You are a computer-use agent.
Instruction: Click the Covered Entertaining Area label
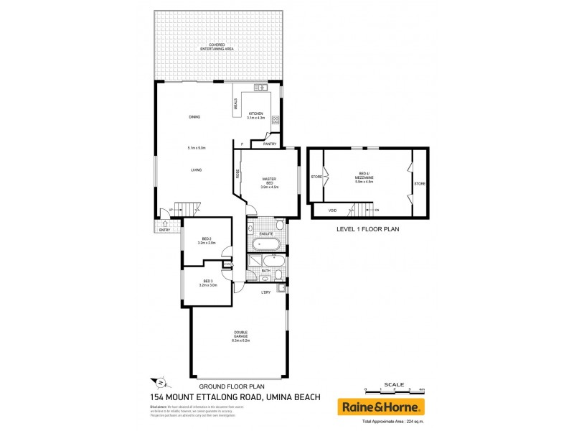pos(217,47)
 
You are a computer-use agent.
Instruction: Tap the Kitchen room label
pos(255,116)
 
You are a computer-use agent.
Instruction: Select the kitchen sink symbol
pos(261,88)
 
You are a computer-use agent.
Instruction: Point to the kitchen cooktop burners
pos(274,119)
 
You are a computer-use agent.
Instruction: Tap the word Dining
pos(194,116)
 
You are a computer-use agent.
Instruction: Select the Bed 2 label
pos(206,240)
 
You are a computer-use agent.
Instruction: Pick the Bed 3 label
pos(208,282)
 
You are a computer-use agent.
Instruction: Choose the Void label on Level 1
pos(332,210)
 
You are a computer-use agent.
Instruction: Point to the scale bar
pos(394,391)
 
